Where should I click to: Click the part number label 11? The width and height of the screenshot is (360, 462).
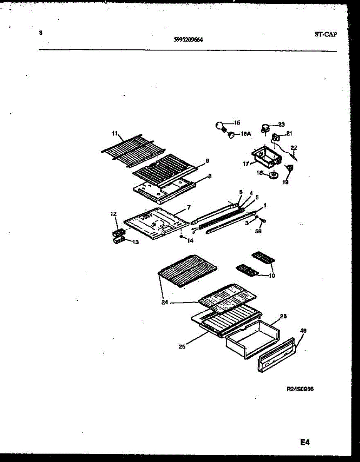(114, 134)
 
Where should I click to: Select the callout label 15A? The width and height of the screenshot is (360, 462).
(246, 134)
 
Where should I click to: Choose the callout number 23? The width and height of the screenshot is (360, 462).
(281, 124)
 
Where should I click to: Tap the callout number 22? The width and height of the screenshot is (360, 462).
(294, 147)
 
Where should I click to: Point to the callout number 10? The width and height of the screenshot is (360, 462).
(272, 276)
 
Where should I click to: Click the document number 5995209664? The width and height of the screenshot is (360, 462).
(188, 39)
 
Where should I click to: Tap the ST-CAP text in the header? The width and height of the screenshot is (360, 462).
(325, 34)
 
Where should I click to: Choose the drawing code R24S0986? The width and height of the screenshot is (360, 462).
(300, 389)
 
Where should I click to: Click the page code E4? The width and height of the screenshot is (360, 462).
(305, 443)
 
